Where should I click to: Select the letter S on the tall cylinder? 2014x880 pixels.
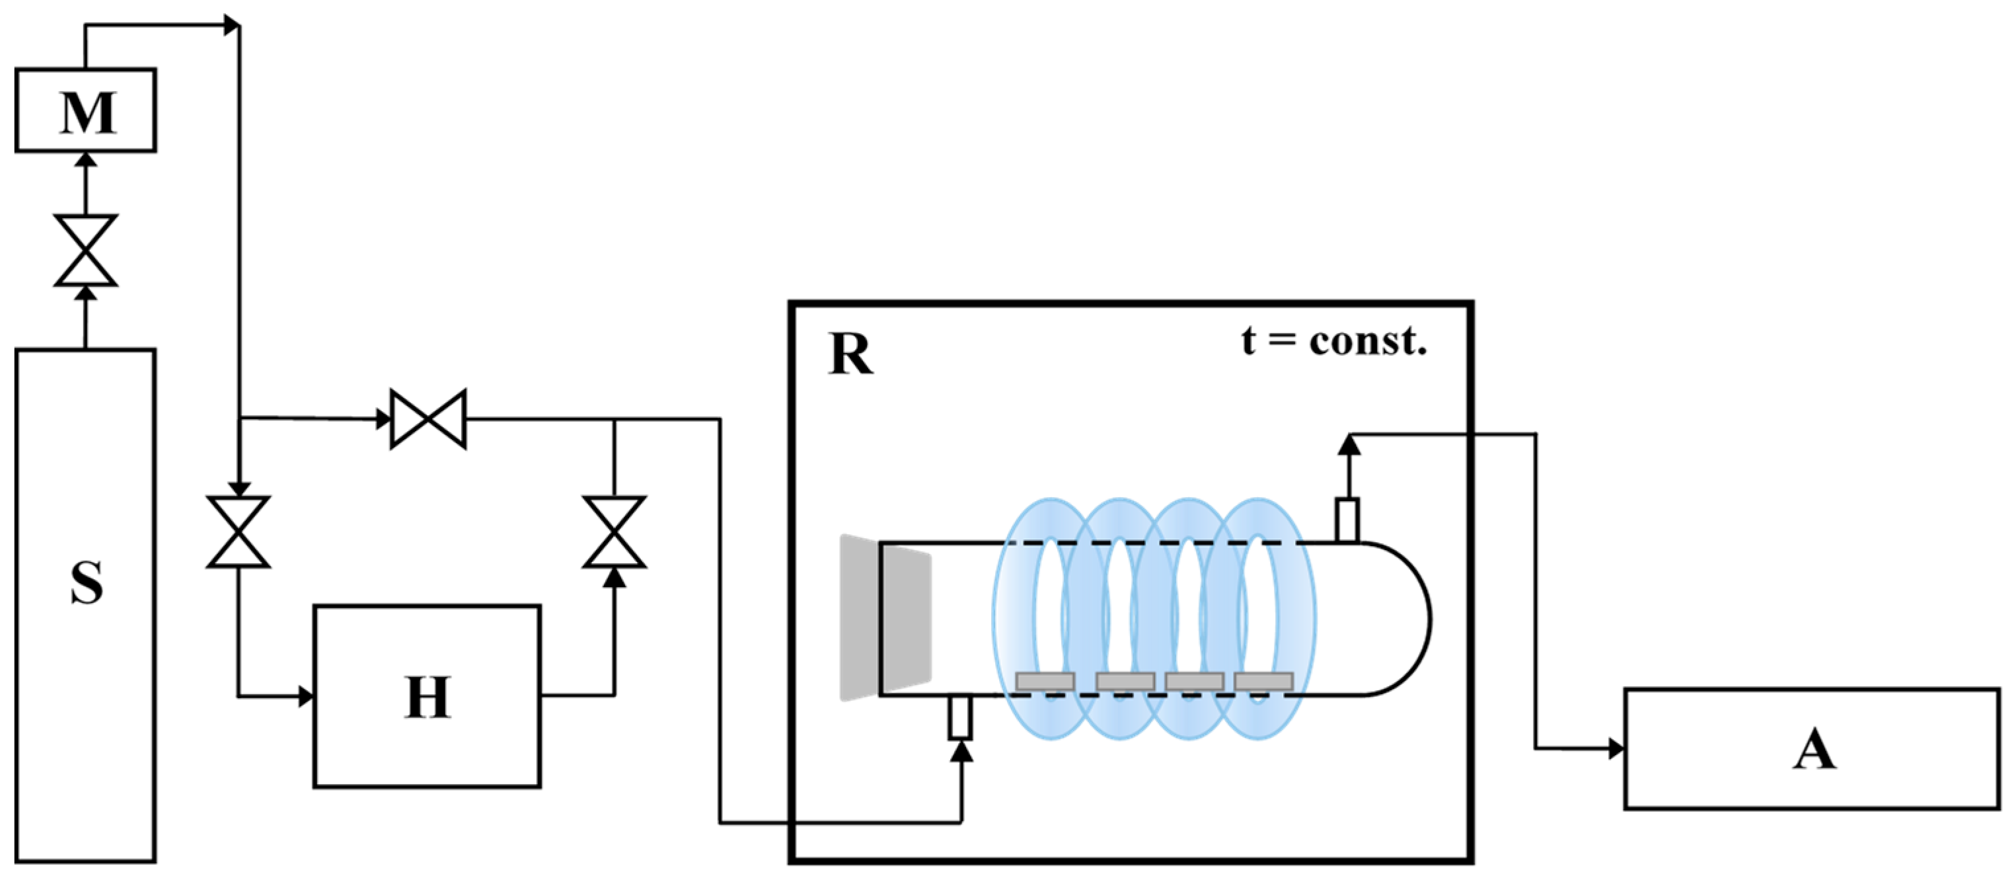click(86, 582)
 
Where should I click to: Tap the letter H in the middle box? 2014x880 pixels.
click(428, 697)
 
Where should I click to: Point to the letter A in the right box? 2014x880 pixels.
click(1813, 750)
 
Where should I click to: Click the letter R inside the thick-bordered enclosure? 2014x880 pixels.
click(850, 354)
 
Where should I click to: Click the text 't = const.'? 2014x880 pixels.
click(1335, 341)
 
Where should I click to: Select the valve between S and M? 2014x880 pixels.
click(86, 251)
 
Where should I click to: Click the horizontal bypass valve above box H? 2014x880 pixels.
click(428, 419)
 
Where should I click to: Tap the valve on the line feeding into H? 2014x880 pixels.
click(239, 532)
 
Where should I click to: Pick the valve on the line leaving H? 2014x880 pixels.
click(615, 532)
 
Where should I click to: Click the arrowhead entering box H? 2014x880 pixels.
click(307, 696)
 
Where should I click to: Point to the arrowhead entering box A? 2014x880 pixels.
click(1616, 748)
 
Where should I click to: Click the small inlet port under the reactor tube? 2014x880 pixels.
click(961, 717)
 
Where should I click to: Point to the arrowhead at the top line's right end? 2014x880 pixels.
click(231, 25)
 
